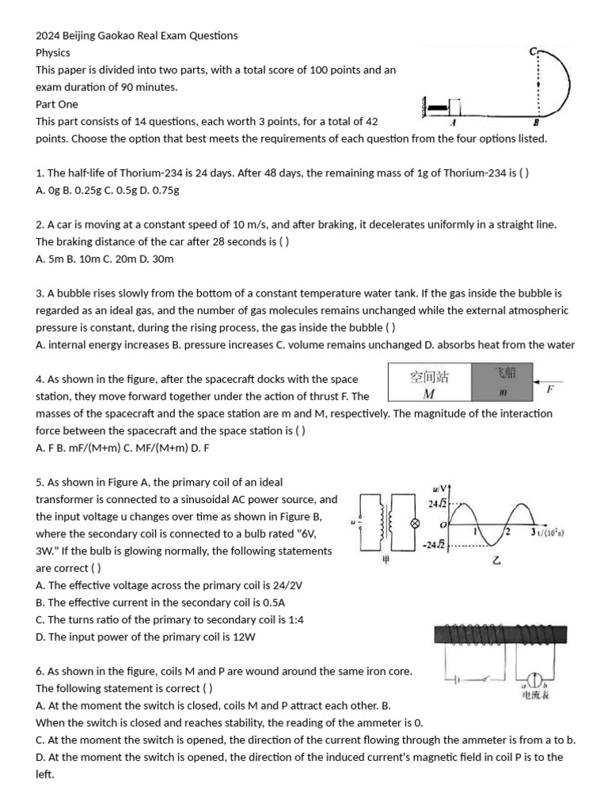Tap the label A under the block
(x=452, y=123)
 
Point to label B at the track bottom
(x=536, y=123)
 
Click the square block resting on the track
(x=454, y=107)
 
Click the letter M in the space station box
(x=428, y=393)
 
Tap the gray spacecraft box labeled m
(x=502, y=383)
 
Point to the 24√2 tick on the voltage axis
(x=436, y=504)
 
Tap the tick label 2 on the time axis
(x=507, y=531)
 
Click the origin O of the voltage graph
(x=443, y=525)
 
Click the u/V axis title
(x=440, y=488)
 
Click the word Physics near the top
(x=53, y=53)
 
